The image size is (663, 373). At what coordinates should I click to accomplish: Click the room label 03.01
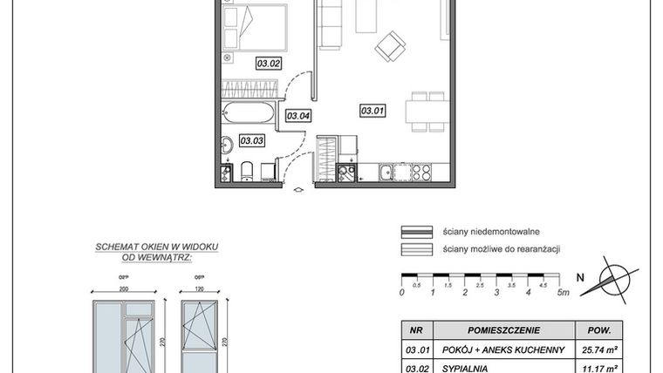pos(373,111)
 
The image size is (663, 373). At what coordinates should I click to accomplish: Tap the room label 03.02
pos(267,62)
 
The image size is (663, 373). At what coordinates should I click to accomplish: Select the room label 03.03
pos(252,139)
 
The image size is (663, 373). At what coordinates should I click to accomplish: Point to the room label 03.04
pos(299,115)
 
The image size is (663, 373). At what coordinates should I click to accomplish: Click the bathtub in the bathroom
pos(249,112)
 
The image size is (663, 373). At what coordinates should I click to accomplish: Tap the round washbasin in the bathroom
pos(225,146)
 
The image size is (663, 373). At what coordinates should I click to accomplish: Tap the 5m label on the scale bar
pos(563,292)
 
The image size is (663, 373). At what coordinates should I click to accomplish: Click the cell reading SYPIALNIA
pos(467,368)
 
